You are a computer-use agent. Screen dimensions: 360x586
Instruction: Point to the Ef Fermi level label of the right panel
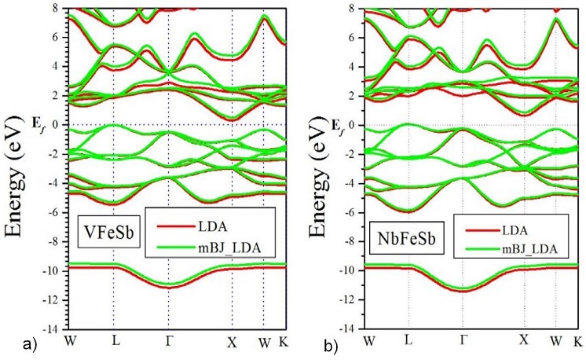337,124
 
